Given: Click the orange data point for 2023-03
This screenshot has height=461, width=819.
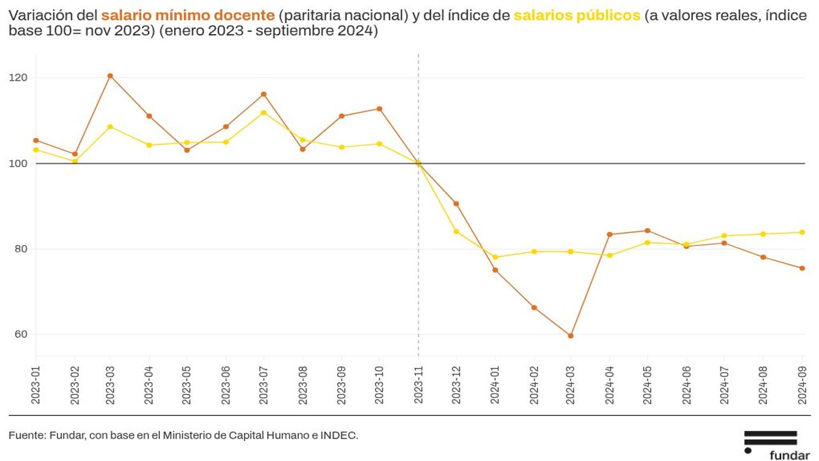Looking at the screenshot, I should click(110, 76).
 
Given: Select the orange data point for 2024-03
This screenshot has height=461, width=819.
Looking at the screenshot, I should click(571, 336).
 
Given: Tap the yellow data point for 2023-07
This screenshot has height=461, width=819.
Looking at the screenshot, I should click(264, 113).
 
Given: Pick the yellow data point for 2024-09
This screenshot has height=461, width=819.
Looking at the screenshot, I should click(802, 232).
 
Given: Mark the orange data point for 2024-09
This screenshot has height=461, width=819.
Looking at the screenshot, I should click(802, 268).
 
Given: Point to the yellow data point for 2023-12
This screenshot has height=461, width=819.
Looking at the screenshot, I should click(456, 231).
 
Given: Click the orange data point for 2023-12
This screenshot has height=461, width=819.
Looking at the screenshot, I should click(456, 204).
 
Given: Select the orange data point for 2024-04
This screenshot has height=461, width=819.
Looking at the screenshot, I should click(609, 234).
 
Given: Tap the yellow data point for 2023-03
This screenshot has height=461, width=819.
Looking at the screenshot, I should click(110, 127).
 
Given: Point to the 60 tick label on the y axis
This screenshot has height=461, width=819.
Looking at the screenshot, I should click(22, 334).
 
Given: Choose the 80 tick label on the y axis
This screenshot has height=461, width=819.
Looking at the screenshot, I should click(22, 249).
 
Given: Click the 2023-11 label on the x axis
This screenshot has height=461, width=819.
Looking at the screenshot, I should click(418, 383).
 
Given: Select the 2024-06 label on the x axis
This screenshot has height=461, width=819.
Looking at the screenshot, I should click(687, 383).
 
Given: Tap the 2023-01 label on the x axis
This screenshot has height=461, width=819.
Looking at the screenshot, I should click(36, 383).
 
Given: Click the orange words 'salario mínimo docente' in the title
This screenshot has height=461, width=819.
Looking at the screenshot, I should click(187, 15).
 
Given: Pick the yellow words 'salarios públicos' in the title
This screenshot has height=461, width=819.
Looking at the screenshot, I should click(576, 15).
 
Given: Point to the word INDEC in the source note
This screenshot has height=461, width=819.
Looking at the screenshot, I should click(341, 435).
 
